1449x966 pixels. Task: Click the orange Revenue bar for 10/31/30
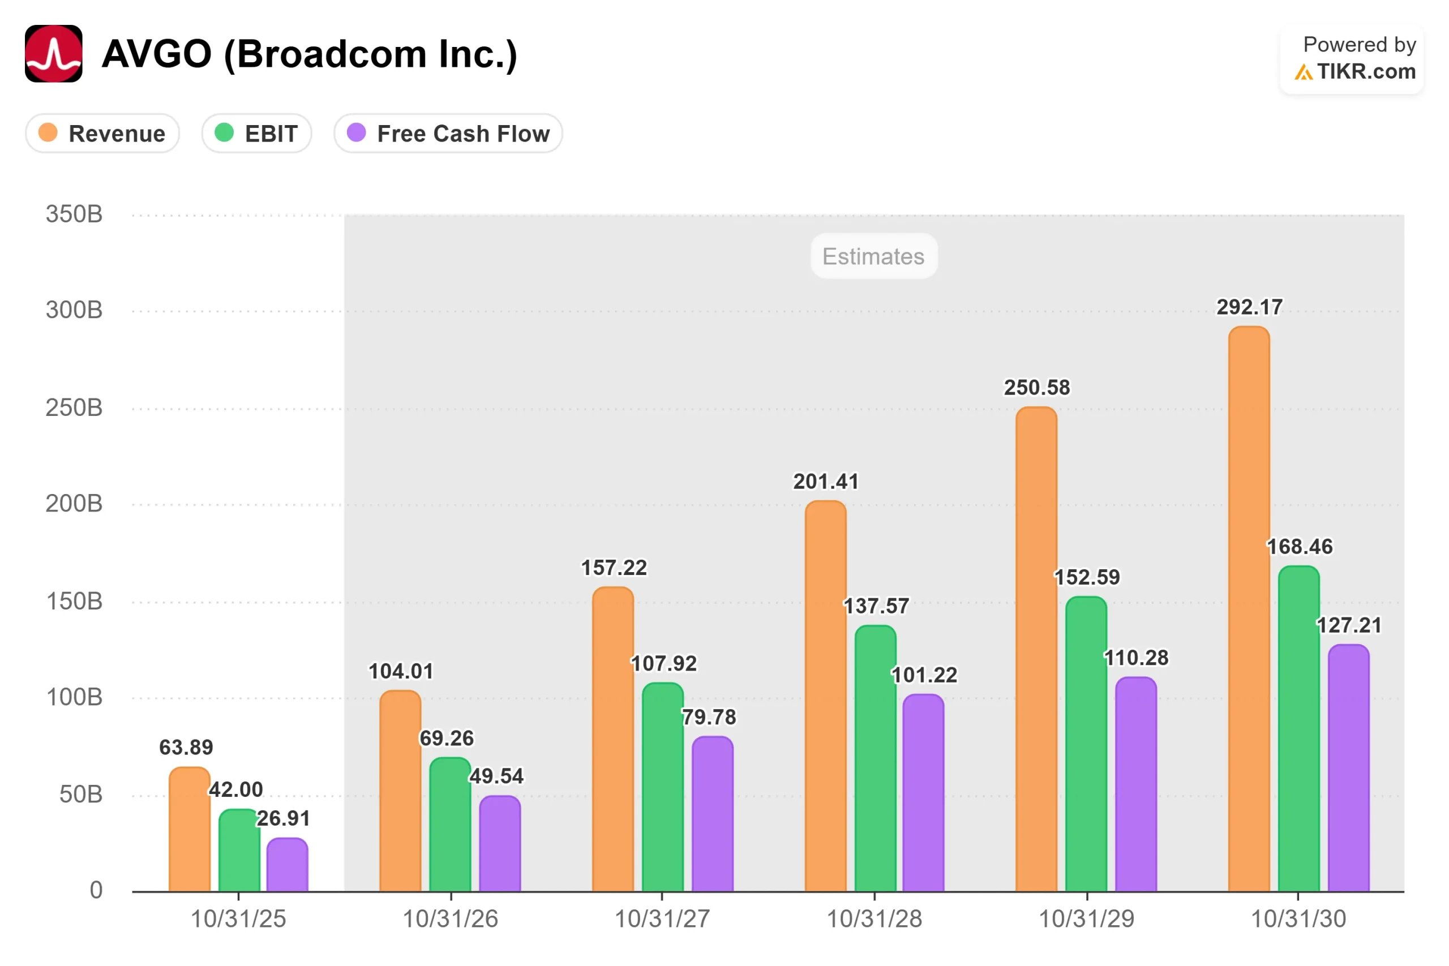click(x=1249, y=609)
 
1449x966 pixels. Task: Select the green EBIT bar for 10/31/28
click(x=876, y=758)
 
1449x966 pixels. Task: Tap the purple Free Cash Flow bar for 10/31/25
click(x=287, y=864)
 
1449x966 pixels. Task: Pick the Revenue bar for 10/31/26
click(x=400, y=791)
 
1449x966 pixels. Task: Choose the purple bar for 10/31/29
click(x=1136, y=784)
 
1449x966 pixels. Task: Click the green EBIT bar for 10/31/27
click(x=663, y=787)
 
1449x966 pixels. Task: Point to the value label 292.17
click(x=1249, y=307)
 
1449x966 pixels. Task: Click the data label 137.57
click(x=876, y=606)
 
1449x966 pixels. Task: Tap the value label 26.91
click(x=284, y=818)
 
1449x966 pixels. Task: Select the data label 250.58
click(x=1038, y=388)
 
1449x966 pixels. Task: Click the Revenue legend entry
click(x=102, y=133)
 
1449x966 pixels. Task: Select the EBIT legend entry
click(x=257, y=133)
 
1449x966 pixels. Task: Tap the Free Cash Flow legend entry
click(x=448, y=133)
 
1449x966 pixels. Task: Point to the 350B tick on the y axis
click(x=74, y=214)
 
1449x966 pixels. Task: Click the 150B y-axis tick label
click(x=74, y=602)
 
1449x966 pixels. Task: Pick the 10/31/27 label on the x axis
click(x=662, y=919)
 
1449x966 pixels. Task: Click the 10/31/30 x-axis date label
click(x=1298, y=919)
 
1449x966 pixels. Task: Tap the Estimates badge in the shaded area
click(x=874, y=256)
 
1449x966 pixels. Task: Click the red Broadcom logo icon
click(x=54, y=54)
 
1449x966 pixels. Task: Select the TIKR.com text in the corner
click(x=1366, y=71)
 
